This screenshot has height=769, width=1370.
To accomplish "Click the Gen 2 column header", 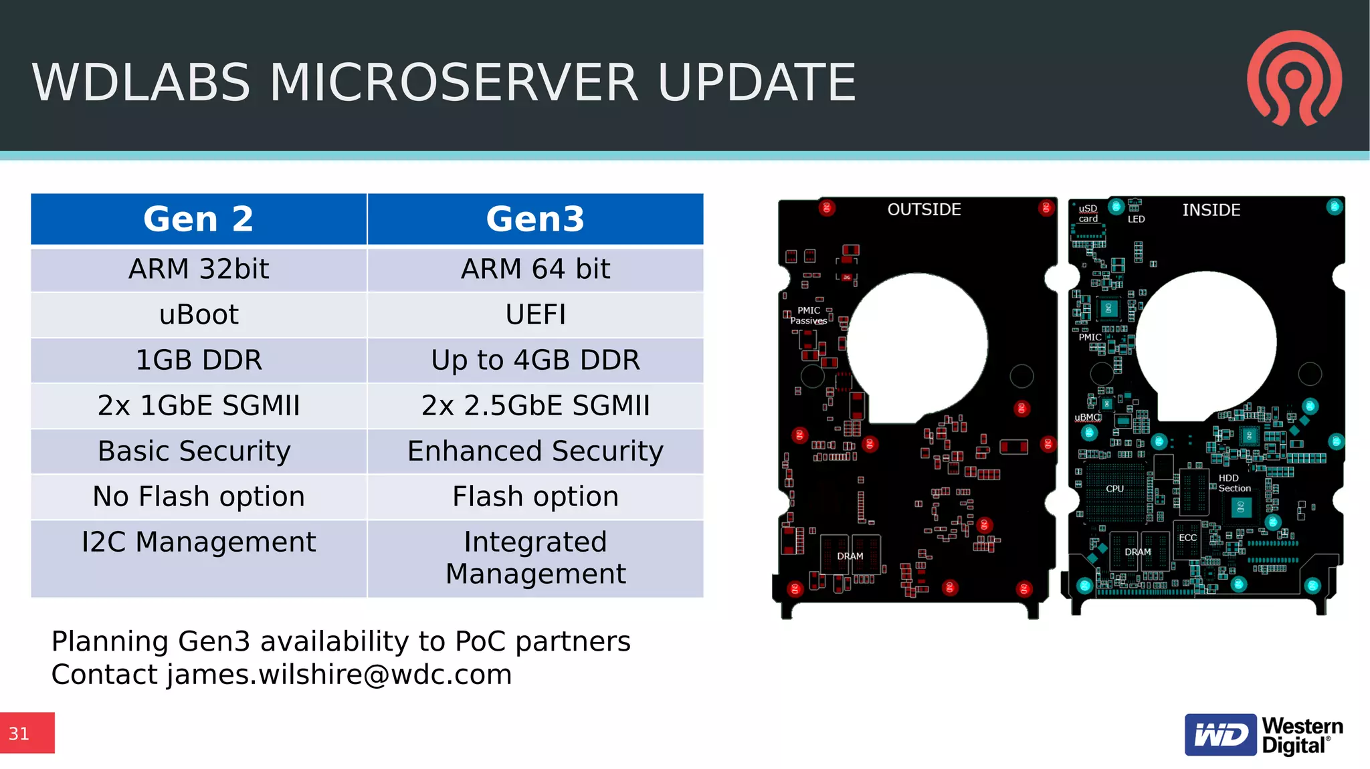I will (x=199, y=219).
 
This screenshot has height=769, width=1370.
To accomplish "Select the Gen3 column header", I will (x=535, y=219).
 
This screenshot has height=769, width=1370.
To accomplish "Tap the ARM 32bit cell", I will (x=199, y=269).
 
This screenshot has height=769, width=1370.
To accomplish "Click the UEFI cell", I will (x=535, y=314).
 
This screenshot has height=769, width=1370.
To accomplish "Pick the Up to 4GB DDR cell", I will (x=535, y=360).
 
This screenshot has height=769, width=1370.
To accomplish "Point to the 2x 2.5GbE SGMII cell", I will (x=535, y=405).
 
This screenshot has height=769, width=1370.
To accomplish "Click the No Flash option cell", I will (x=199, y=496).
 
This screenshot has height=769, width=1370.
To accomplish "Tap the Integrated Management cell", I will (x=535, y=558).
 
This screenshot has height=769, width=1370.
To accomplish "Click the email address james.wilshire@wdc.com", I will (x=339, y=674).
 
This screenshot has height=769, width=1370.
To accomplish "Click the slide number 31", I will (x=19, y=734).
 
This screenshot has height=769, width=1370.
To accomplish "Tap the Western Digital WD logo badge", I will (x=1220, y=735).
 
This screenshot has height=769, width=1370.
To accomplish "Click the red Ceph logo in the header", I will (x=1294, y=78).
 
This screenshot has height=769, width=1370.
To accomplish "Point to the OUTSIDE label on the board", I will (x=924, y=209).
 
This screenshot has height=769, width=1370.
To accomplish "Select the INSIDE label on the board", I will (x=1211, y=210).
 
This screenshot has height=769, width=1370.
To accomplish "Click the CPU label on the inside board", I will (x=1114, y=489).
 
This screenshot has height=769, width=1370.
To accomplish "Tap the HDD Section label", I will (x=1234, y=483).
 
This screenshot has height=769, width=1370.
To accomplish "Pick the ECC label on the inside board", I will (x=1187, y=538).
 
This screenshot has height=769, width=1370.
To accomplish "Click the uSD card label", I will (x=1088, y=213).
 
